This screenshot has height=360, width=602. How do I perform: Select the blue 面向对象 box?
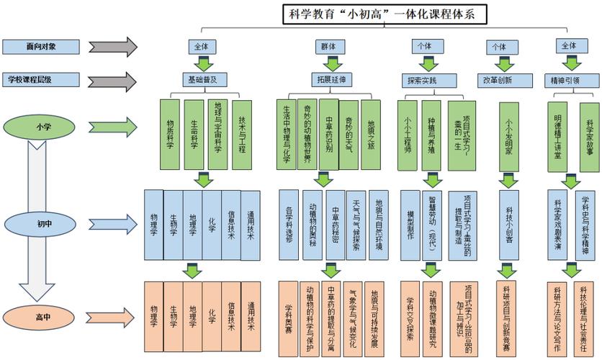(41, 46)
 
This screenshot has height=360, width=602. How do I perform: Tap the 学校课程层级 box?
(41, 79)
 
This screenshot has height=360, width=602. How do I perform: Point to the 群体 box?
(328, 46)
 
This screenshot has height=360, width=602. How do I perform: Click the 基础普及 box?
(202, 79)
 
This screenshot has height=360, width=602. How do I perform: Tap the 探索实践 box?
(421, 79)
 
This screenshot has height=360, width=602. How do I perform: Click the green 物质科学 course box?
(170, 134)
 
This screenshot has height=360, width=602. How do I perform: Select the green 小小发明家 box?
(508, 134)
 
